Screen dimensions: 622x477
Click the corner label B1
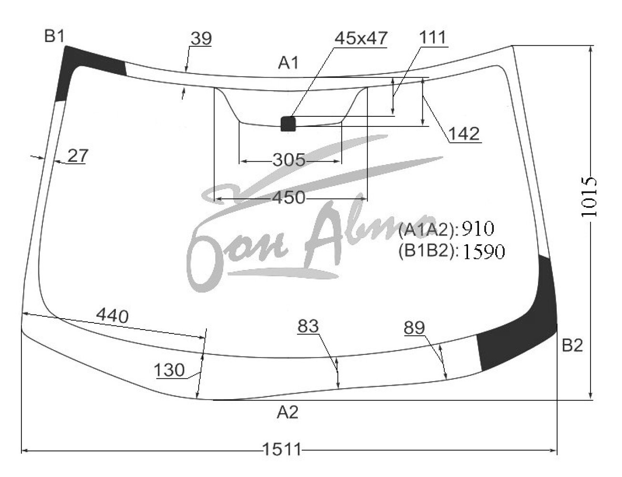54,36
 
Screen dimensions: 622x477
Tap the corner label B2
572,345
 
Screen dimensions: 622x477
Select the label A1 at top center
288,63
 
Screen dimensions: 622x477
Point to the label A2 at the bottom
288,413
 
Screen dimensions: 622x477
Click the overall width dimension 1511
282,449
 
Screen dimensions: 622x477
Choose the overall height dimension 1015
589,197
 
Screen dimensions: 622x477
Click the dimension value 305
289,160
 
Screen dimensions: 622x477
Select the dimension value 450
289,197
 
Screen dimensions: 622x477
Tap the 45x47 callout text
361,38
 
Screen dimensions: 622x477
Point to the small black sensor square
288,124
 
